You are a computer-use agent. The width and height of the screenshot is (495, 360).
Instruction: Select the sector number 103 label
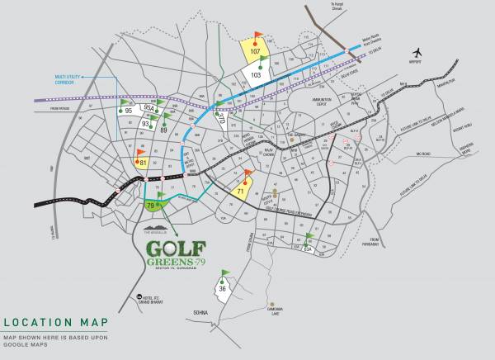click(x=256, y=75)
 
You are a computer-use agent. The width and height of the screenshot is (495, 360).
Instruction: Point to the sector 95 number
click(x=129, y=111)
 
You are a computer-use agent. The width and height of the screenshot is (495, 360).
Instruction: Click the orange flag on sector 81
click(x=140, y=153)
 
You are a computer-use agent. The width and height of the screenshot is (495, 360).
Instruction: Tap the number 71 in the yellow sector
click(x=241, y=191)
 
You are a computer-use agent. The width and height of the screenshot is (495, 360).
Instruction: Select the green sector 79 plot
click(x=153, y=203)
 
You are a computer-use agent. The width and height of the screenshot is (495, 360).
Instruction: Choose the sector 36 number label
click(x=223, y=288)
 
